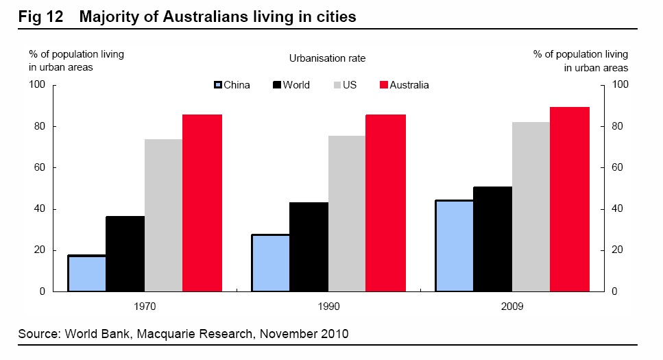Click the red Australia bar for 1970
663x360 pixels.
pyautogui.click(x=202, y=203)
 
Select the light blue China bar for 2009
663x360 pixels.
pyautogui.click(x=454, y=246)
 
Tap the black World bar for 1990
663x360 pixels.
pyautogui.click(x=309, y=247)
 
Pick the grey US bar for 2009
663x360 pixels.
pyautogui.click(x=531, y=206)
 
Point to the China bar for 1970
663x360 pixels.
pyautogui.click(x=86, y=274)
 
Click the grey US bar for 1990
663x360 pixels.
pyautogui.click(x=347, y=213)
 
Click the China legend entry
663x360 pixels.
pyautogui.click(x=232, y=86)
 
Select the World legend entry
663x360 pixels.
pyautogui.click(x=291, y=86)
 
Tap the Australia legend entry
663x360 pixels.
pyautogui.click(x=404, y=86)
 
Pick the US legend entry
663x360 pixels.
pyautogui.click(x=343, y=86)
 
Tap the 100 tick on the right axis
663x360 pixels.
pyautogui.click(x=619, y=85)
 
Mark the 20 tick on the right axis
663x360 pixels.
pyautogui.click(x=617, y=250)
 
